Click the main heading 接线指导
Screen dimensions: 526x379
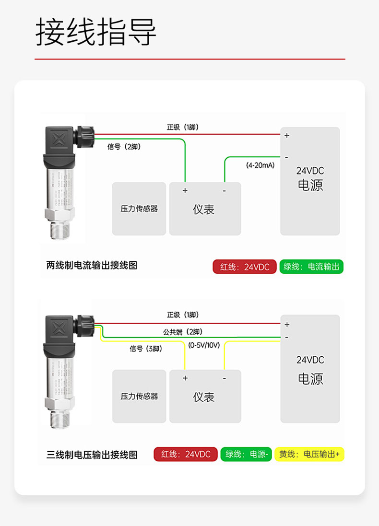click(x=96, y=33)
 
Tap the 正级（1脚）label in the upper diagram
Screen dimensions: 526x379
click(x=182, y=127)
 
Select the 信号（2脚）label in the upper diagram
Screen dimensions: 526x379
click(x=124, y=147)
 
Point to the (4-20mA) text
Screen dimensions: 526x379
click(x=260, y=165)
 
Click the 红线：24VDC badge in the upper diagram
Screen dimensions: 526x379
click(x=245, y=267)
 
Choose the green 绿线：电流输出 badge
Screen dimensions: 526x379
click(x=311, y=267)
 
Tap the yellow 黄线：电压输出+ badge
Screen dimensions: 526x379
click(x=309, y=454)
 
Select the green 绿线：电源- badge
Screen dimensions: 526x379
click(x=246, y=454)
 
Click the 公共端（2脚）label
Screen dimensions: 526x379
click(x=183, y=332)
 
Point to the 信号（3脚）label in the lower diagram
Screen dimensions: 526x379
click(x=146, y=349)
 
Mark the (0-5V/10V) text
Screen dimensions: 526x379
click(x=204, y=345)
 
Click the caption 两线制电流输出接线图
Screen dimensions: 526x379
click(x=92, y=265)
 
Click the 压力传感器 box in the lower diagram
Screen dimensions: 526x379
click(x=139, y=397)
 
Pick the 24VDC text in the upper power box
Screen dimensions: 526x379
click(x=310, y=171)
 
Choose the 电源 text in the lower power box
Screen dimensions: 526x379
click(x=310, y=379)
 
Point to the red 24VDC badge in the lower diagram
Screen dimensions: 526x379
click(x=186, y=454)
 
